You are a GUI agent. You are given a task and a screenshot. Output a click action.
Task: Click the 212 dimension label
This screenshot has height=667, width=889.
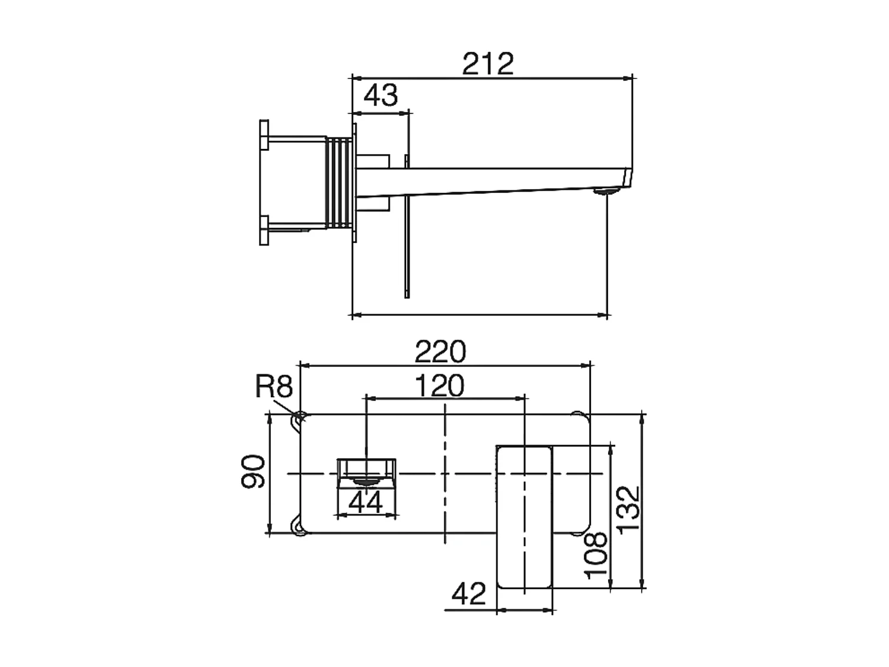coord(488,64)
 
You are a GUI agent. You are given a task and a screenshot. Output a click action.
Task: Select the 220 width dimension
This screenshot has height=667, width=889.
coord(440,352)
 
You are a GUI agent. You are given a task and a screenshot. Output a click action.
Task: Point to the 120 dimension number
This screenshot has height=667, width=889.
coord(439,386)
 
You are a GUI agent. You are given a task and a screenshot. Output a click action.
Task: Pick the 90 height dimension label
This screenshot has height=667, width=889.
coord(252,471)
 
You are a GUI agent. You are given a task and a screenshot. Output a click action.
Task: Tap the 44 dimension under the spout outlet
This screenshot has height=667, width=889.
coord(366,503)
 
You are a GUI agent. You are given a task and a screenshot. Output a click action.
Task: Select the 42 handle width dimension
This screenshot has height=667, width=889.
coord(469,593)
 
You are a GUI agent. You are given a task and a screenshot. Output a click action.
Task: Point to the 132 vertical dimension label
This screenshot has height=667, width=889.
coord(629,510)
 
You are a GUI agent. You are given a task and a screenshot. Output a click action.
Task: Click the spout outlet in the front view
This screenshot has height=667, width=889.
coord(366,471)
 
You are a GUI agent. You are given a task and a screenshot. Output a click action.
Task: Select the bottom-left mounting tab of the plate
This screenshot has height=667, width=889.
coord(298,525)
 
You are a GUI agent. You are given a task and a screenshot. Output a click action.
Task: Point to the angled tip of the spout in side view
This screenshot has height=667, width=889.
coord(626,177)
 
